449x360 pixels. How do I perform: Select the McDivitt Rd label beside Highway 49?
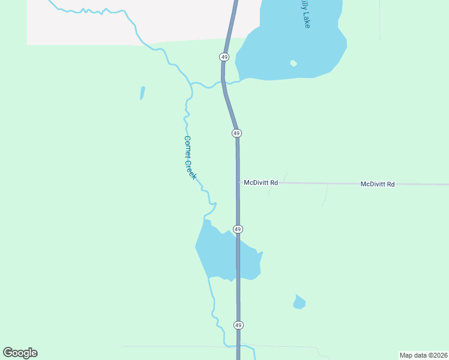pyautogui.click(x=261, y=182)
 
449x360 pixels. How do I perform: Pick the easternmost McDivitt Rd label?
pyautogui.click(x=378, y=184)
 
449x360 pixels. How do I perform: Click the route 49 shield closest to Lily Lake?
pyautogui.click(x=224, y=56)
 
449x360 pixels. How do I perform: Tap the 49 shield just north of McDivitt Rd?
pyautogui.click(x=237, y=133)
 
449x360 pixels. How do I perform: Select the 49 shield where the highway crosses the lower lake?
pyautogui.click(x=238, y=229)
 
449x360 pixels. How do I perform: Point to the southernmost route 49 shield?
pyautogui.click(x=238, y=325)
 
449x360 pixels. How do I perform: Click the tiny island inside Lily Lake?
pyautogui.click(x=293, y=63)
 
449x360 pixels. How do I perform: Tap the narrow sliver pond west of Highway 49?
pyautogui.click(x=142, y=93)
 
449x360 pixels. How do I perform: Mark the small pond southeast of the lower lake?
pyautogui.click(x=299, y=302)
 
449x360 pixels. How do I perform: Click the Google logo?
pyautogui.click(x=20, y=353)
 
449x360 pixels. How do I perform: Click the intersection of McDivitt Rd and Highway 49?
pyautogui.click(x=238, y=182)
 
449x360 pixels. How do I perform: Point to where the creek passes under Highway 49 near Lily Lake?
pyautogui.click(x=223, y=83)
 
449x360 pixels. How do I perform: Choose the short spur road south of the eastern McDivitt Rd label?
pyautogui.click(x=325, y=195)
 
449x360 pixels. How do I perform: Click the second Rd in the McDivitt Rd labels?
pyautogui.click(x=390, y=184)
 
